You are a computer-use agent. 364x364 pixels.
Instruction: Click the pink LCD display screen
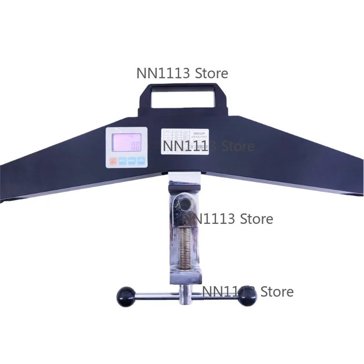(126, 142)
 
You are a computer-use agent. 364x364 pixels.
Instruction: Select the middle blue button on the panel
(131, 161)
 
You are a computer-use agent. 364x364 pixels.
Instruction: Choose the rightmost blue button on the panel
(141, 161)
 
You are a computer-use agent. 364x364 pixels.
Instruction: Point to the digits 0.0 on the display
(135, 147)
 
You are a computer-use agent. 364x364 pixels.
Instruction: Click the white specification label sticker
(185, 141)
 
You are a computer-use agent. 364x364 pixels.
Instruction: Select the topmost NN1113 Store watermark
(182, 73)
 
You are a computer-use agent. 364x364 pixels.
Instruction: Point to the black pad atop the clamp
(184, 186)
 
